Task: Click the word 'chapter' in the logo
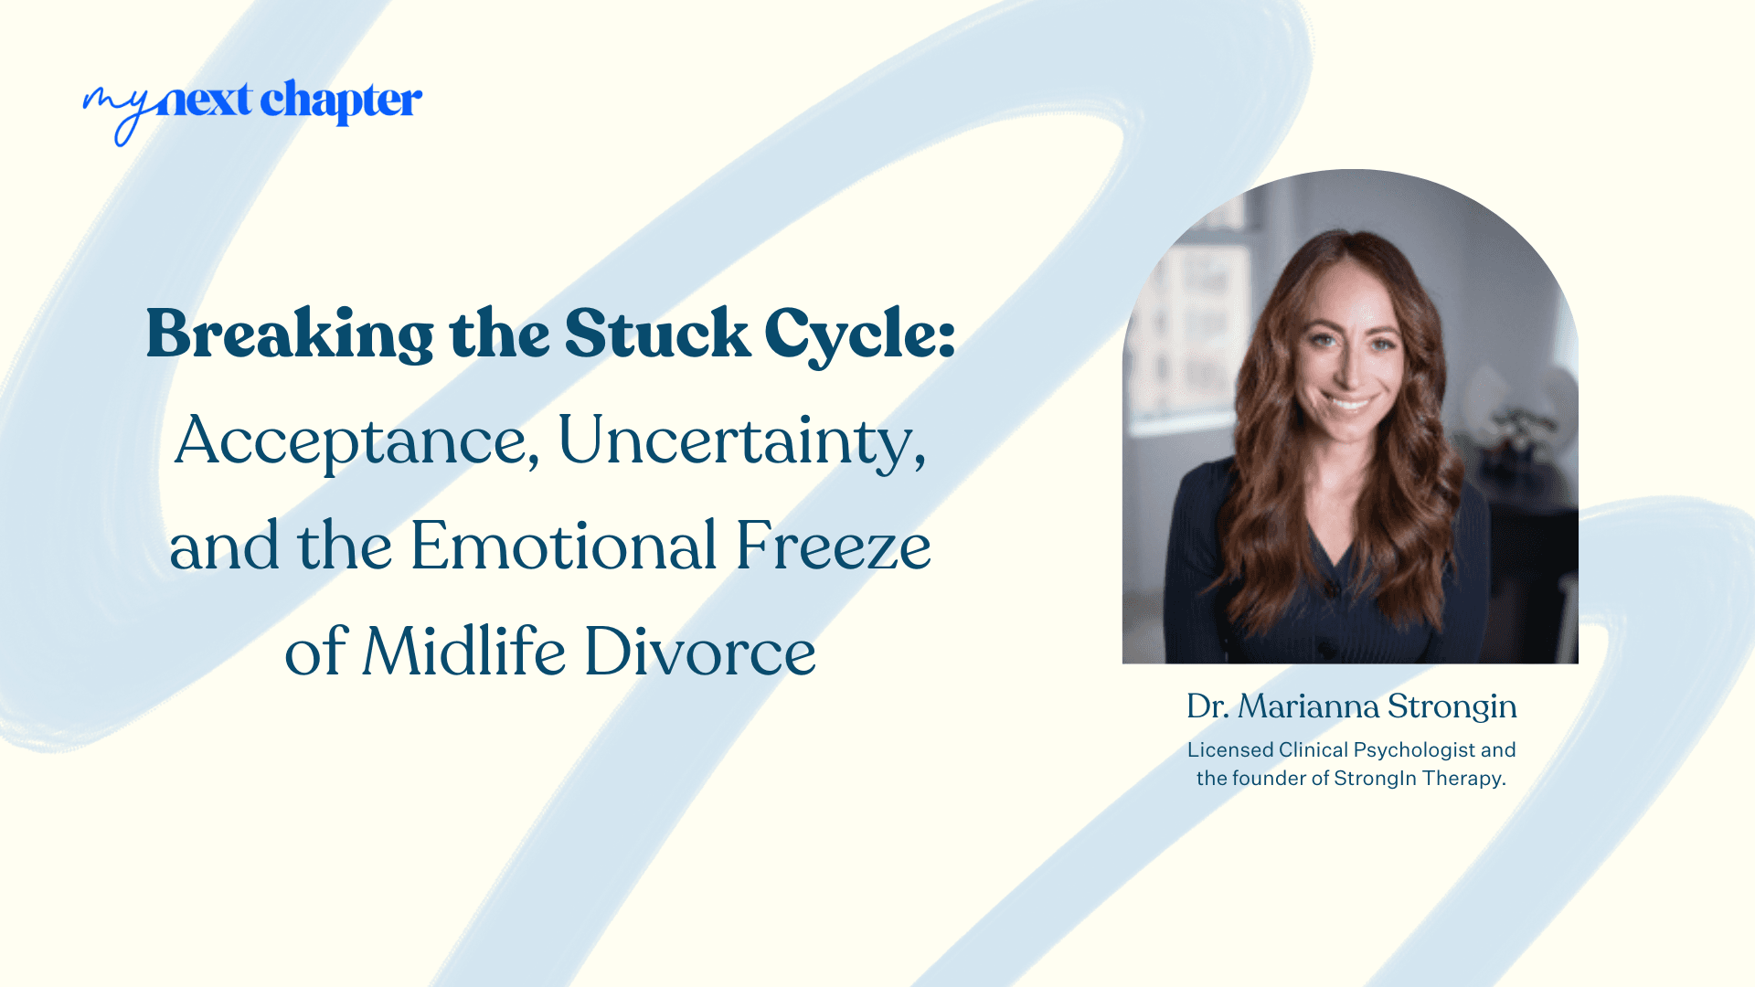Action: pyautogui.click(x=341, y=101)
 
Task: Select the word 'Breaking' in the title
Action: pyautogui.click(x=290, y=334)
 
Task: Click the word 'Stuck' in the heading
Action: pyautogui.click(x=657, y=334)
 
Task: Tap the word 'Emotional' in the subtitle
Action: pyautogui.click(x=563, y=547)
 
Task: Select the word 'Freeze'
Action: pyautogui.click(x=833, y=547)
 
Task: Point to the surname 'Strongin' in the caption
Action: pyautogui.click(x=1452, y=706)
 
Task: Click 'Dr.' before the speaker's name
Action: pyautogui.click(x=1207, y=706)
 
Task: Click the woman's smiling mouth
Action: pyautogui.click(x=1350, y=403)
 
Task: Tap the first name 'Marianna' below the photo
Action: pyautogui.click(x=1308, y=706)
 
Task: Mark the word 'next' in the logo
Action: pyautogui.click(x=205, y=101)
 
